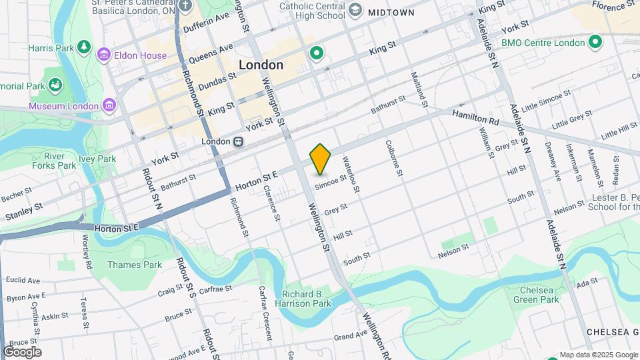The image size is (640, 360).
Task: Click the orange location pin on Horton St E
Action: point(321,159)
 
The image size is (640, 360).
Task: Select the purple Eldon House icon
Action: point(103,55)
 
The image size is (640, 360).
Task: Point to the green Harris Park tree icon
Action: point(84,47)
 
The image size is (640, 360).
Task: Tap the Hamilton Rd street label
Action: point(475,118)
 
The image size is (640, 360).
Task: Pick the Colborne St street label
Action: point(394,158)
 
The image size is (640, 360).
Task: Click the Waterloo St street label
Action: point(351,175)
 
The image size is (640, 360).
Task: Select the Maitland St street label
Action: point(419,89)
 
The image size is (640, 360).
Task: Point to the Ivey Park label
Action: point(97,159)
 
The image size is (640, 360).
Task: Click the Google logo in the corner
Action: point(22,352)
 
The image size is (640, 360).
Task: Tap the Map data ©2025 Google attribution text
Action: point(598,355)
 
